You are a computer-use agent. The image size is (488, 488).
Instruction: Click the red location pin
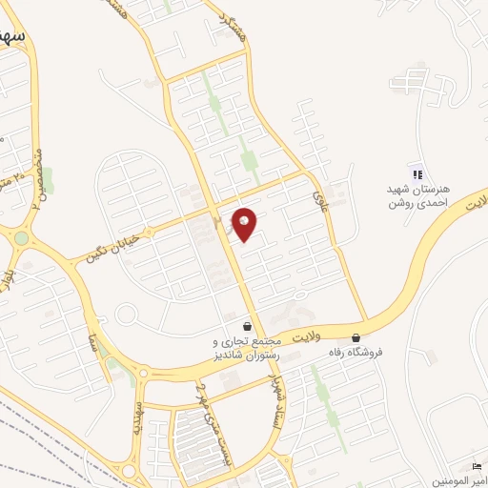244,223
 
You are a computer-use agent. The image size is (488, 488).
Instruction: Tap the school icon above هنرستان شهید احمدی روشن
417,173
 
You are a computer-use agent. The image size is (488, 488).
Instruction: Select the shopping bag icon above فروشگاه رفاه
356,336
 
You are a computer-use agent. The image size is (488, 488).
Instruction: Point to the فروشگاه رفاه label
356,352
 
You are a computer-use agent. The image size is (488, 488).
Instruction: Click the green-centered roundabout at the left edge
20,237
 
